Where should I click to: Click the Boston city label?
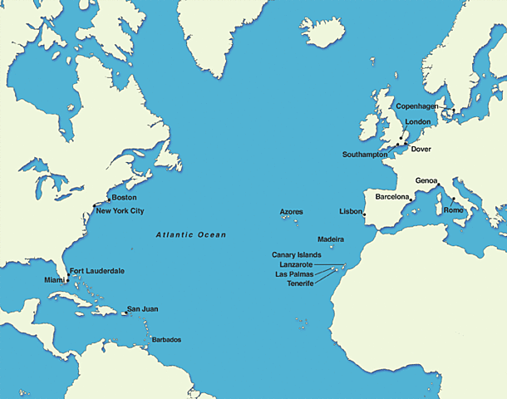click(x=123, y=198)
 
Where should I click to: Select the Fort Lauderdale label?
click(x=96, y=271)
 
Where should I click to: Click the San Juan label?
click(x=142, y=309)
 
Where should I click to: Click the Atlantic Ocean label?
click(x=190, y=235)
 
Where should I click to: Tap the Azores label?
click(x=292, y=212)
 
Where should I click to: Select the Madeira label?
click(x=331, y=239)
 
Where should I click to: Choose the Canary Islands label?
click(x=296, y=254)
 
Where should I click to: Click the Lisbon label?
click(x=351, y=212)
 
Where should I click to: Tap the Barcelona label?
click(x=392, y=197)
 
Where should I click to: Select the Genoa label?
click(x=426, y=180)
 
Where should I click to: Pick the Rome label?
click(x=454, y=210)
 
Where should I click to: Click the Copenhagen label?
click(x=416, y=106)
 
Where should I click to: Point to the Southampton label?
click(x=365, y=155)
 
